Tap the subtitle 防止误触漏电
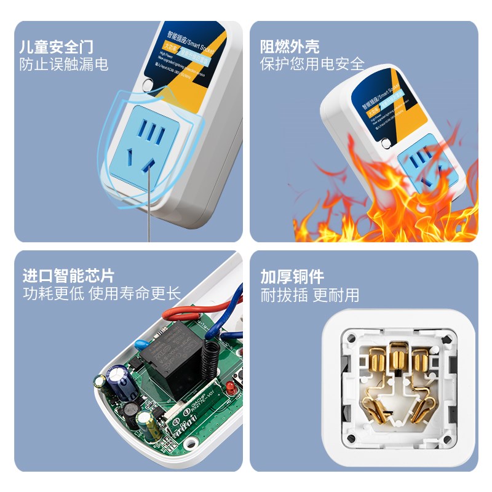pos(64,64)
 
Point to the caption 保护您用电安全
pos(312,64)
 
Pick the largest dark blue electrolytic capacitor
pos(121,382)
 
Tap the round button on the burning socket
pos(386,144)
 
